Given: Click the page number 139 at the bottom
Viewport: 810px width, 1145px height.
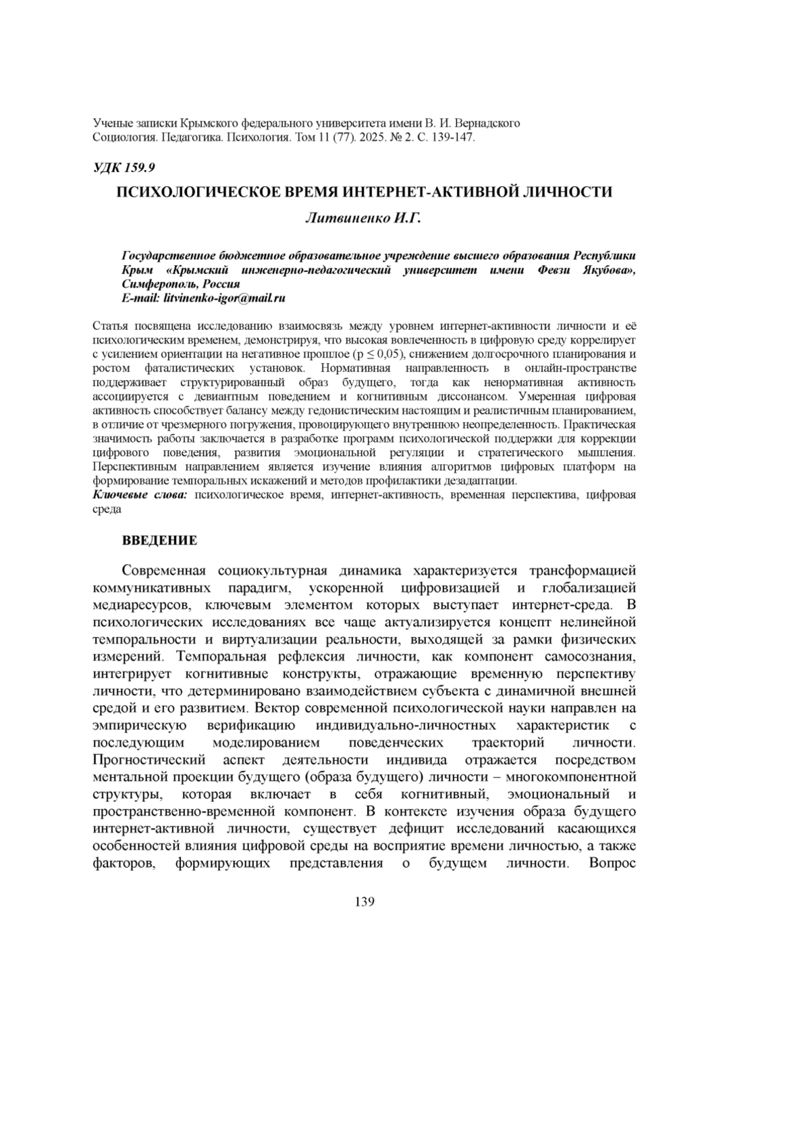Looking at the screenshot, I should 364,902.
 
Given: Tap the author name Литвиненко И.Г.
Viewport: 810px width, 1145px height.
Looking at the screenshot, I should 364,218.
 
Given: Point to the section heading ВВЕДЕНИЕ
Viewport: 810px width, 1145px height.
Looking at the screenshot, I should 159,540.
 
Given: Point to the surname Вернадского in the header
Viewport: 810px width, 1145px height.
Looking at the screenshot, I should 487,123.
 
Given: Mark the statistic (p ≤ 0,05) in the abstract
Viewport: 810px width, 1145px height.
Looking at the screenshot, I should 373,354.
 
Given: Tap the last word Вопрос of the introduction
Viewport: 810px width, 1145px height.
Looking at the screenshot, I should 612,863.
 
